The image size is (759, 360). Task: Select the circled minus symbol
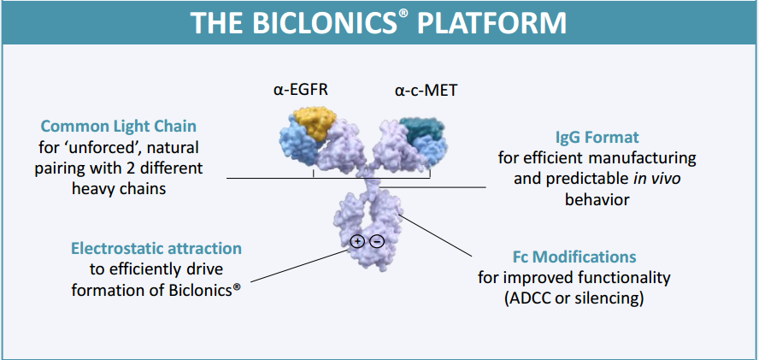click(377, 241)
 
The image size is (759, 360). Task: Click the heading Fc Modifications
click(574, 257)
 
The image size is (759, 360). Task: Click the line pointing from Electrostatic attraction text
click(299, 261)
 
